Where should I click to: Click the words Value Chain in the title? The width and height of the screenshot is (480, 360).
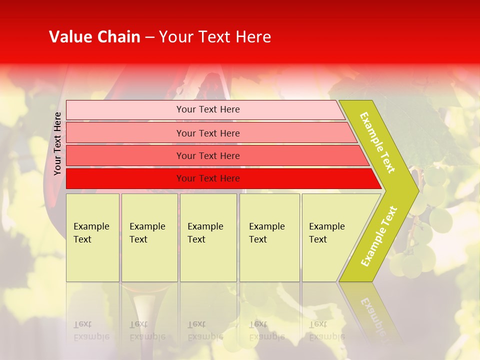point(94,37)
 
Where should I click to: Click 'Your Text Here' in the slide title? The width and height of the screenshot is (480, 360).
point(215,37)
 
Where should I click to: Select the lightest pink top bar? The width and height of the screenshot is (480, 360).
point(125,110)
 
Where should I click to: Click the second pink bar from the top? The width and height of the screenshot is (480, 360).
point(125,133)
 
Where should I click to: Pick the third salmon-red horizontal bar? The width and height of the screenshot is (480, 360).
point(125,155)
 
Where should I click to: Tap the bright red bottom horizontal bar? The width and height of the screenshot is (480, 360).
point(125,178)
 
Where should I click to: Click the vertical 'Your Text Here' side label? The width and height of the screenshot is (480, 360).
point(58,144)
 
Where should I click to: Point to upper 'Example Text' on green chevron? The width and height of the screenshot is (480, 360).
point(377,143)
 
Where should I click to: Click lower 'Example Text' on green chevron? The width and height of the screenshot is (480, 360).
point(379,236)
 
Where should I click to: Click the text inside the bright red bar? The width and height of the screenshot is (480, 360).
point(208,178)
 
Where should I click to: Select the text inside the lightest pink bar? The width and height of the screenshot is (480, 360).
point(208,109)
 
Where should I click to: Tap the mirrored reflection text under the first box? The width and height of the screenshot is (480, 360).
point(91,330)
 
